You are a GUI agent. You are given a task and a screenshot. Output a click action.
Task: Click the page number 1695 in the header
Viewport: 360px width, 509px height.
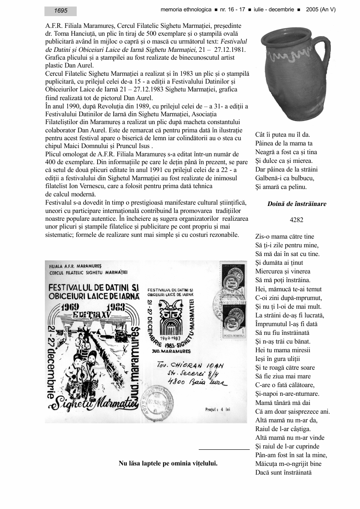pyautogui.click(x=61, y=11)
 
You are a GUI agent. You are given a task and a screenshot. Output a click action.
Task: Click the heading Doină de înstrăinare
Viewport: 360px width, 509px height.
pyautogui.click(x=296, y=204)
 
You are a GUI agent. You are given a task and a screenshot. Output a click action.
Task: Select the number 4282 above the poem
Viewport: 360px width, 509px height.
pyautogui.click(x=296, y=220)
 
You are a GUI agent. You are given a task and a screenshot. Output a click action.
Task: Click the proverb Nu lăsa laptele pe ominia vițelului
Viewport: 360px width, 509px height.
pyautogui.click(x=168, y=463)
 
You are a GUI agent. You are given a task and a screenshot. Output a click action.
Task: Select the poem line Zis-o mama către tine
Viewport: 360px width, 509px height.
pyautogui.click(x=284, y=237)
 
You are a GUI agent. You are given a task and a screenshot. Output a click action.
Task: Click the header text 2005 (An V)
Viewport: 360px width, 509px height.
pyautogui.click(x=321, y=10)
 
